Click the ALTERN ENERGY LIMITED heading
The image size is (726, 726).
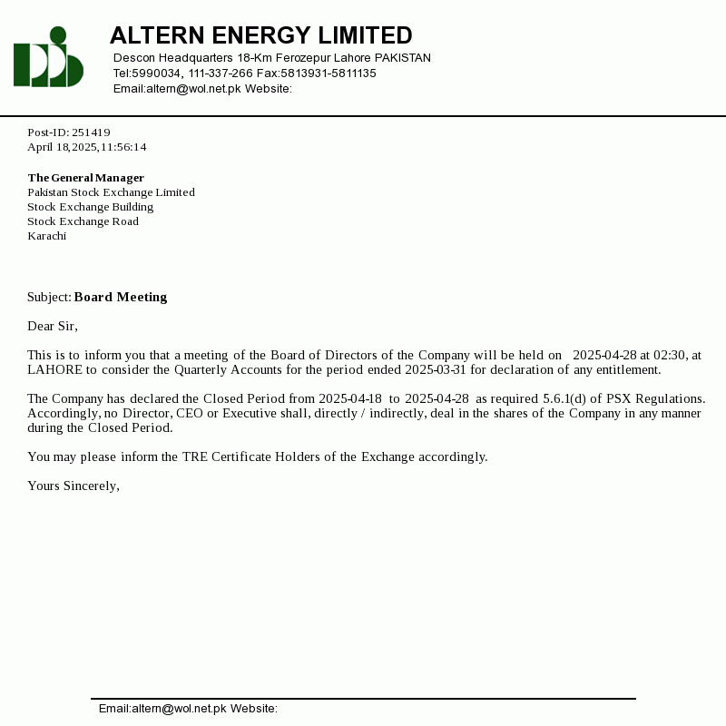260,35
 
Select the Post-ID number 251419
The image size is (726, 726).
91,132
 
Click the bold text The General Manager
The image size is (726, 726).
85,178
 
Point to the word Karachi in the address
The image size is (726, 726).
46,236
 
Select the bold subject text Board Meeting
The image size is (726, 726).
121,297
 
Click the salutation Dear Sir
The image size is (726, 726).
53,326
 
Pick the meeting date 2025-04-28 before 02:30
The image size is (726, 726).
604,355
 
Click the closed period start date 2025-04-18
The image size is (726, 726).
350,398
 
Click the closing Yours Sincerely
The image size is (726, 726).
74,486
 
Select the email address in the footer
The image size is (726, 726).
179,709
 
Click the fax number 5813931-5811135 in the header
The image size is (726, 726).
329,74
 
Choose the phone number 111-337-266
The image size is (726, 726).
221,74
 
